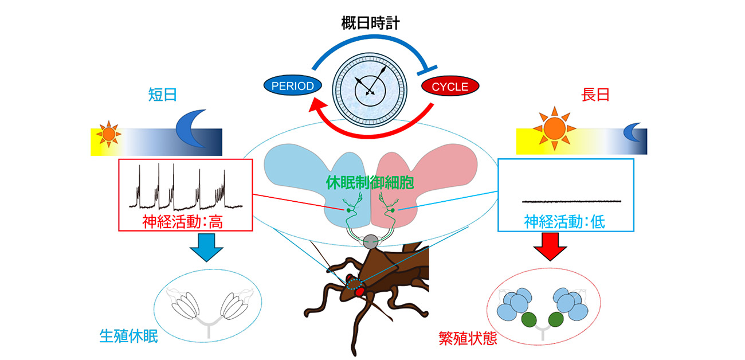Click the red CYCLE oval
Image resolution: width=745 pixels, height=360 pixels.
[450, 87]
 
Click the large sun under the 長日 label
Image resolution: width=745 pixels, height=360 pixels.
[554, 129]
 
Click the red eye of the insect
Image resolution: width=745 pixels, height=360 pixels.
[359, 292]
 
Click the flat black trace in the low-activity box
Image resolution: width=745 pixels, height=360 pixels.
[572, 201]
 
